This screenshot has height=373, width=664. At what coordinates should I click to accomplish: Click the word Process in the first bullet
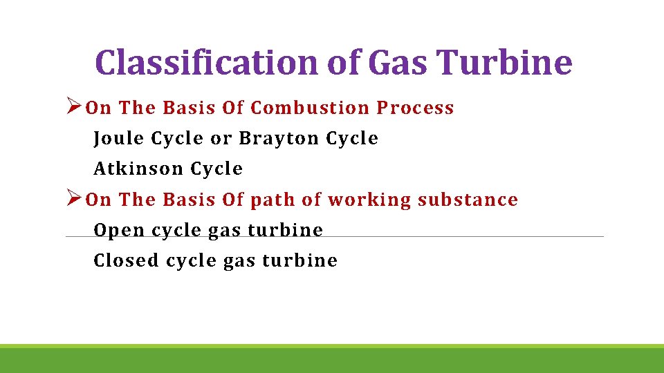click(415, 108)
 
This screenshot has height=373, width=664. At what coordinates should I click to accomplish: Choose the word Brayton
click(279, 138)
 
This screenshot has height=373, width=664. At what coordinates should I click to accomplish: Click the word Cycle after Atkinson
click(216, 169)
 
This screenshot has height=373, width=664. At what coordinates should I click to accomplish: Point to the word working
click(369, 200)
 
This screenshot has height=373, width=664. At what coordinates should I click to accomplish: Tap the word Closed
click(127, 260)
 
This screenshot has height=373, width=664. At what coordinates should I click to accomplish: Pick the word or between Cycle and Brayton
click(221, 138)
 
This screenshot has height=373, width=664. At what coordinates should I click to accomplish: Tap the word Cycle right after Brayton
click(352, 138)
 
